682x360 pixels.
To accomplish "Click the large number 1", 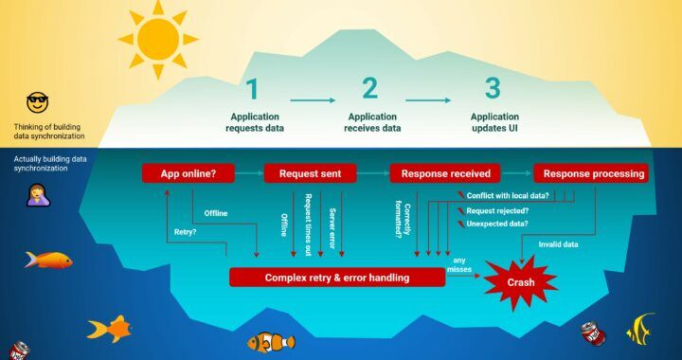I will (x=253, y=90).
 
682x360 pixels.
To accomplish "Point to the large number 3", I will (x=493, y=90).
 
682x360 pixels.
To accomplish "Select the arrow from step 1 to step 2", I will (x=313, y=99).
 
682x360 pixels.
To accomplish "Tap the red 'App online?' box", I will (x=188, y=173).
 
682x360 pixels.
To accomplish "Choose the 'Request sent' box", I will (x=310, y=173).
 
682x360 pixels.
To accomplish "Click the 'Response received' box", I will (x=445, y=173).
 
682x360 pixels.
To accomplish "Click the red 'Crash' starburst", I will (x=519, y=280).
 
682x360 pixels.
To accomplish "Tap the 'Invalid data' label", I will (x=559, y=244).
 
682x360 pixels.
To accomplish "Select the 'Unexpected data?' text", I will (x=496, y=224).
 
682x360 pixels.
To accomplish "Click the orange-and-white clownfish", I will (x=271, y=341).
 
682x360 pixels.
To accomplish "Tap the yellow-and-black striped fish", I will (x=641, y=328).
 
